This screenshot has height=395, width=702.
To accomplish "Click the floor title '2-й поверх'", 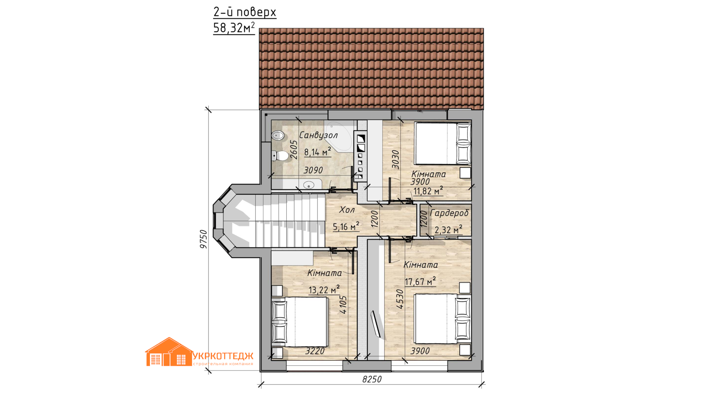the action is point(245,12).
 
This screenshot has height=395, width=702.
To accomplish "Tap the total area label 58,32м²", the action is point(234,28).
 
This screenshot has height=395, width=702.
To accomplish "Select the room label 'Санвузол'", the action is point(318,135).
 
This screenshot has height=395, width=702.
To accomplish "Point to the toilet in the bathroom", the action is point(280,156).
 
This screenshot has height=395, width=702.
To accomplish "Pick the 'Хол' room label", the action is point(347,210).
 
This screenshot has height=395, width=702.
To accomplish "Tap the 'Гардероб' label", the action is point(449,213).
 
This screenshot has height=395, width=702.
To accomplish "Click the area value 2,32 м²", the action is point(448,230).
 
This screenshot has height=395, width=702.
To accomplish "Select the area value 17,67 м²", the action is point(420,281).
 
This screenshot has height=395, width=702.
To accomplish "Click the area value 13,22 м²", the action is point(324,290).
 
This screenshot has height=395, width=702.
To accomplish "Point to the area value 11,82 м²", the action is point(428,191).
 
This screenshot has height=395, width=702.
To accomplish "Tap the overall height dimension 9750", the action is point(204,239).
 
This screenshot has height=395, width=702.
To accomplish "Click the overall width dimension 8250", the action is point(372,379).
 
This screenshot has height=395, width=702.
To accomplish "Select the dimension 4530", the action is point(400,299).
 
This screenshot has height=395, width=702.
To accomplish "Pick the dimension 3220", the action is point(315,351).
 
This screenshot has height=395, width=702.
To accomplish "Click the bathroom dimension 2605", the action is point(294,150).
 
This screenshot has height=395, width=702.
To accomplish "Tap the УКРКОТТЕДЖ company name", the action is point(223,356).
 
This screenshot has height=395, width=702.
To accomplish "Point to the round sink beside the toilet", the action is point(278,136).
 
